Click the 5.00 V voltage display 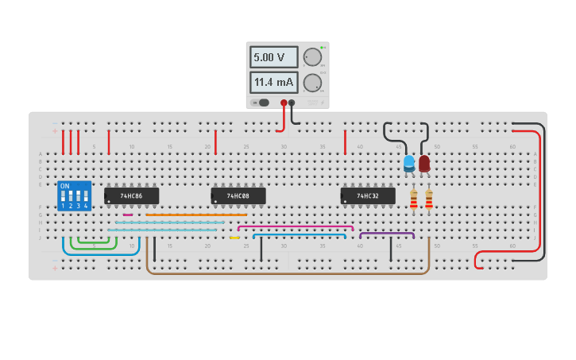point(273,57)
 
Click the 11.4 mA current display point(273,82)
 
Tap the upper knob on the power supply point(312,57)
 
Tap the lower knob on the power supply point(312,83)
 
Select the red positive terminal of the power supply point(284,103)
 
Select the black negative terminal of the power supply point(292,103)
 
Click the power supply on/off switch point(261,103)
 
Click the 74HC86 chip point(132,195)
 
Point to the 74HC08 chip point(238,195)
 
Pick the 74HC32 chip point(368,195)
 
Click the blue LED point(409,164)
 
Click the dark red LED point(424,164)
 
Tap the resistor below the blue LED point(413,199)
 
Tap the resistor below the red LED point(429,199)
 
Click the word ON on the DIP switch point(65,186)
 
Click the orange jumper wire point(196,215)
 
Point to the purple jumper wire point(387,233)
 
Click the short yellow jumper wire point(234,238)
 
